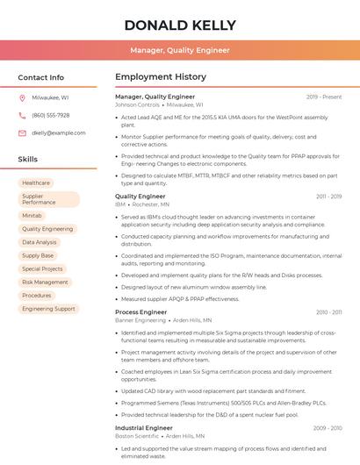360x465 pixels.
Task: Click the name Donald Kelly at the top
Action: click(x=180, y=25)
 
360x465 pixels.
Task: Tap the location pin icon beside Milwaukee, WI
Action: click(x=22, y=97)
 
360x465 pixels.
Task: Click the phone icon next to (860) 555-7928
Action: click(x=22, y=115)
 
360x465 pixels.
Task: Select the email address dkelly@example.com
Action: click(x=53, y=132)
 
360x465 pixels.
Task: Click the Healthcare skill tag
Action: click(x=36, y=182)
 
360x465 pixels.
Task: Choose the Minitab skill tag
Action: click(x=32, y=215)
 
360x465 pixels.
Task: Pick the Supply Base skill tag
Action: click(x=38, y=255)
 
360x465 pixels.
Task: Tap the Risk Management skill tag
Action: click(x=45, y=283)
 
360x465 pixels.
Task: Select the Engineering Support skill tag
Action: click(x=48, y=309)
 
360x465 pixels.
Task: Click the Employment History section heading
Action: click(x=161, y=77)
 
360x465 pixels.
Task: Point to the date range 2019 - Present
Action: click(x=324, y=97)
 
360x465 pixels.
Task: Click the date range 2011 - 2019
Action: click(x=328, y=197)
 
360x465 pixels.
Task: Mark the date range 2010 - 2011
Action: click(x=328, y=312)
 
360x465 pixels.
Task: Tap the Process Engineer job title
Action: click(x=140, y=312)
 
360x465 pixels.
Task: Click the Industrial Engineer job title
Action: click(x=144, y=428)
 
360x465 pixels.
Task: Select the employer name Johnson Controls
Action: click(x=137, y=104)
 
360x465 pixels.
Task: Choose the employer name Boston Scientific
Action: click(x=137, y=436)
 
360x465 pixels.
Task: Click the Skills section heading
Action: click(x=28, y=160)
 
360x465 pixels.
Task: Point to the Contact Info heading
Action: click(x=41, y=77)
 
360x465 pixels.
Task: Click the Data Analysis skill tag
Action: click(x=40, y=242)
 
